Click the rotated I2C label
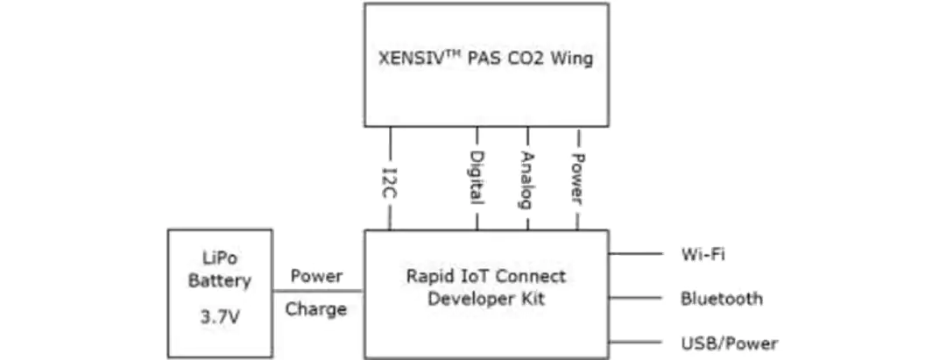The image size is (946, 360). [391, 183]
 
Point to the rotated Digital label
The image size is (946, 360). [477, 177]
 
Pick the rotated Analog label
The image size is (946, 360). [527, 180]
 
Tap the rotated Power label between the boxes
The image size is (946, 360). [577, 179]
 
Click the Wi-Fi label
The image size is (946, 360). [702, 254]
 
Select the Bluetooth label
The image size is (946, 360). [722, 299]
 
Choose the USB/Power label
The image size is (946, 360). [730, 343]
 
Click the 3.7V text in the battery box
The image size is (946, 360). [220, 316]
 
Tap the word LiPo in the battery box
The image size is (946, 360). [220, 258]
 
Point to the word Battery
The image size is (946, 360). [220, 281]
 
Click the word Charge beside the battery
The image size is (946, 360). [316, 309]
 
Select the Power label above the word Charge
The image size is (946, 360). [317, 276]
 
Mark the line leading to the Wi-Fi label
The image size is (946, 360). [635, 254]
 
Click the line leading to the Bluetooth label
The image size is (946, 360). [635, 298]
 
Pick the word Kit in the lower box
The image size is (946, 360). [533, 299]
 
